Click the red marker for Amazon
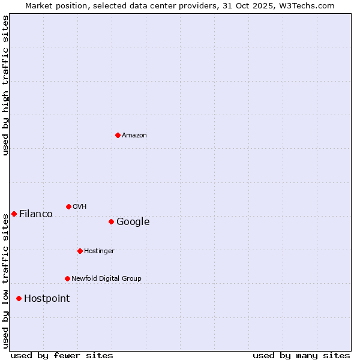[118, 135]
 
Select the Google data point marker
[111, 221]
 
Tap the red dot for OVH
[68, 206]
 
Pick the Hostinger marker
[80, 251]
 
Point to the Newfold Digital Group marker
[67, 278]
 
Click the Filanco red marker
[14, 214]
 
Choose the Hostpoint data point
[19, 298]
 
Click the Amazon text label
[134, 136]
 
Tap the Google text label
[133, 222]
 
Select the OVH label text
[80, 207]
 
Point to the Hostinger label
[99, 251]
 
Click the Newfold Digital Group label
[106, 279]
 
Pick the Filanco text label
[36, 214]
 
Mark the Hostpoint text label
[47, 299]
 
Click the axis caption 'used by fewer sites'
[62, 355]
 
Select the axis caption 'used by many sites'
[301, 355]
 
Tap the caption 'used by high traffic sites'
[6, 85]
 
